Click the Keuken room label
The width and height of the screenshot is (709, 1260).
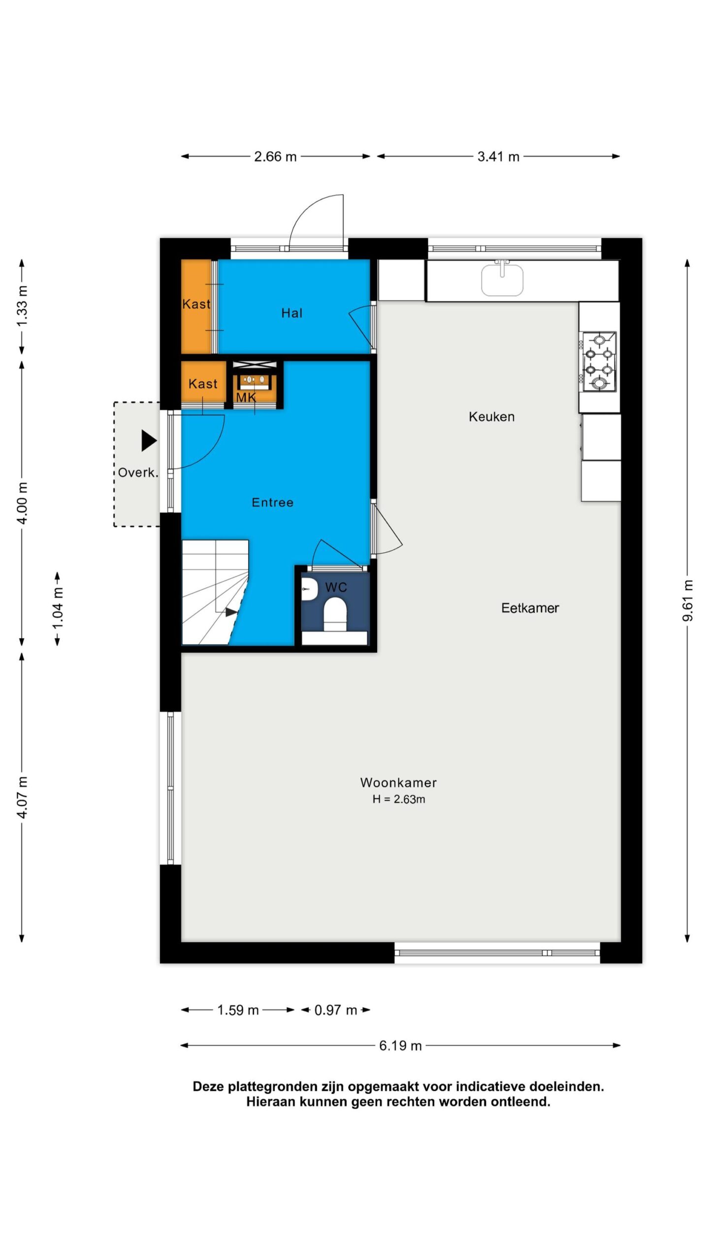point(491,417)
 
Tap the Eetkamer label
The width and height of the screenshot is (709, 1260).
point(530,608)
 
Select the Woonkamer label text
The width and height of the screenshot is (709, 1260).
point(398,783)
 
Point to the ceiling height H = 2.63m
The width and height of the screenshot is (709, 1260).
point(398,799)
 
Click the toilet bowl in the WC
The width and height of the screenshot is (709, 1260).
point(335,614)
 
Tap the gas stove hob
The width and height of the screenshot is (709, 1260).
point(599,362)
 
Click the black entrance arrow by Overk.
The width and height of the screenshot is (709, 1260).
point(149,441)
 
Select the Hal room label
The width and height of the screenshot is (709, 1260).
point(291,313)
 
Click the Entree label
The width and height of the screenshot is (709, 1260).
point(272,503)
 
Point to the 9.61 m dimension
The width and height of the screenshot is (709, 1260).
point(688,600)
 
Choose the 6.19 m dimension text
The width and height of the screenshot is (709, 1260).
point(400,1045)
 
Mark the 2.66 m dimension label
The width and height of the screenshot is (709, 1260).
point(275,157)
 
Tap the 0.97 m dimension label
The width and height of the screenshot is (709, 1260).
point(336,1010)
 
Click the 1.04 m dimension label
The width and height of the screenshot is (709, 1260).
point(58,608)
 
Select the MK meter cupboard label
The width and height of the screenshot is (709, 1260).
point(246,397)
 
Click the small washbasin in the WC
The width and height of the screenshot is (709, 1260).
point(309,590)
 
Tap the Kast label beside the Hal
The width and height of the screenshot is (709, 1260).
point(196,304)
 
